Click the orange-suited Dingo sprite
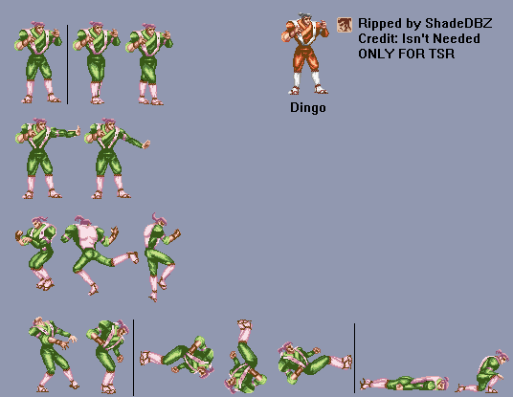304,54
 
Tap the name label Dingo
308,108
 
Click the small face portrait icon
345,25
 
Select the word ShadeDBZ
458,23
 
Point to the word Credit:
378,38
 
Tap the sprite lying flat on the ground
405,384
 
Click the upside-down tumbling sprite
245,357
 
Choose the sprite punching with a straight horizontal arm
46,159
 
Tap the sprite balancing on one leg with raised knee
161,256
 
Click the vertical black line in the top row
67,64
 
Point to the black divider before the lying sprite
354,358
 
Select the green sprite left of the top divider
37,62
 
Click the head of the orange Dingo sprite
303,20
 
